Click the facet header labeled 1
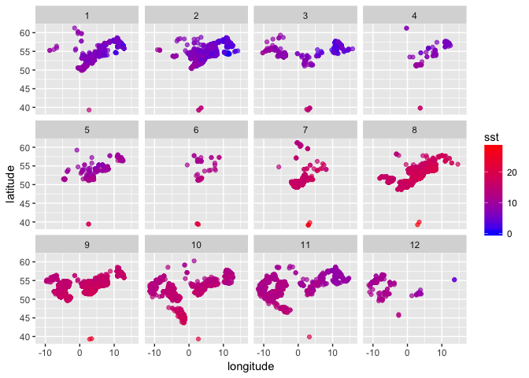(x=87, y=15)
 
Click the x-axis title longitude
(x=250, y=367)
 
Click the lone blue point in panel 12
(x=454, y=280)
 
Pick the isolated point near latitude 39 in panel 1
(x=89, y=110)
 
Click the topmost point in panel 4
(x=406, y=28)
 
